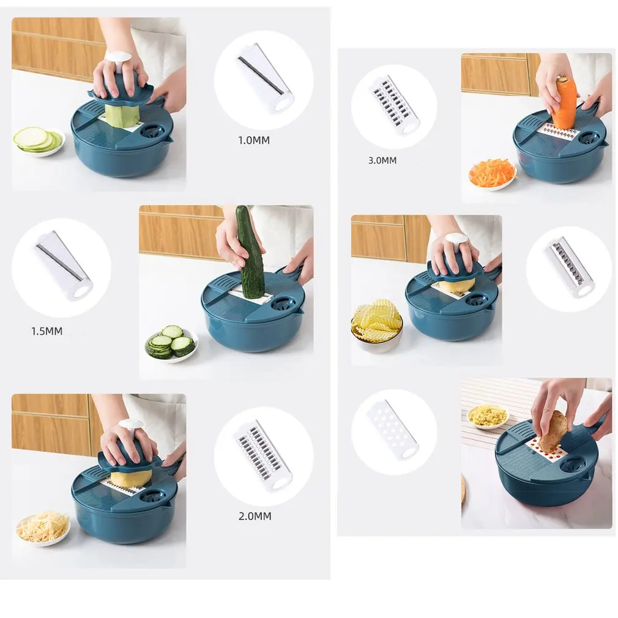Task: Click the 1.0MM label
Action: (x=253, y=140)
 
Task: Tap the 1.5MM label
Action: (x=47, y=332)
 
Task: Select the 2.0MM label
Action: (x=255, y=516)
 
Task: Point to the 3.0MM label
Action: (x=382, y=161)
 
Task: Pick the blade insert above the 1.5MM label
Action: (x=62, y=264)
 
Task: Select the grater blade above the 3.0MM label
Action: (x=394, y=105)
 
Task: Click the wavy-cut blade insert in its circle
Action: (x=569, y=267)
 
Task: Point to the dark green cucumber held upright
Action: (x=249, y=253)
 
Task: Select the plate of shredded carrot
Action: (x=492, y=174)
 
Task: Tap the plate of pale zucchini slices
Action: (x=39, y=141)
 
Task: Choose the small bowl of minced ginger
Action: (x=488, y=416)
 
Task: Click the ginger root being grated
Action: (x=553, y=431)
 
